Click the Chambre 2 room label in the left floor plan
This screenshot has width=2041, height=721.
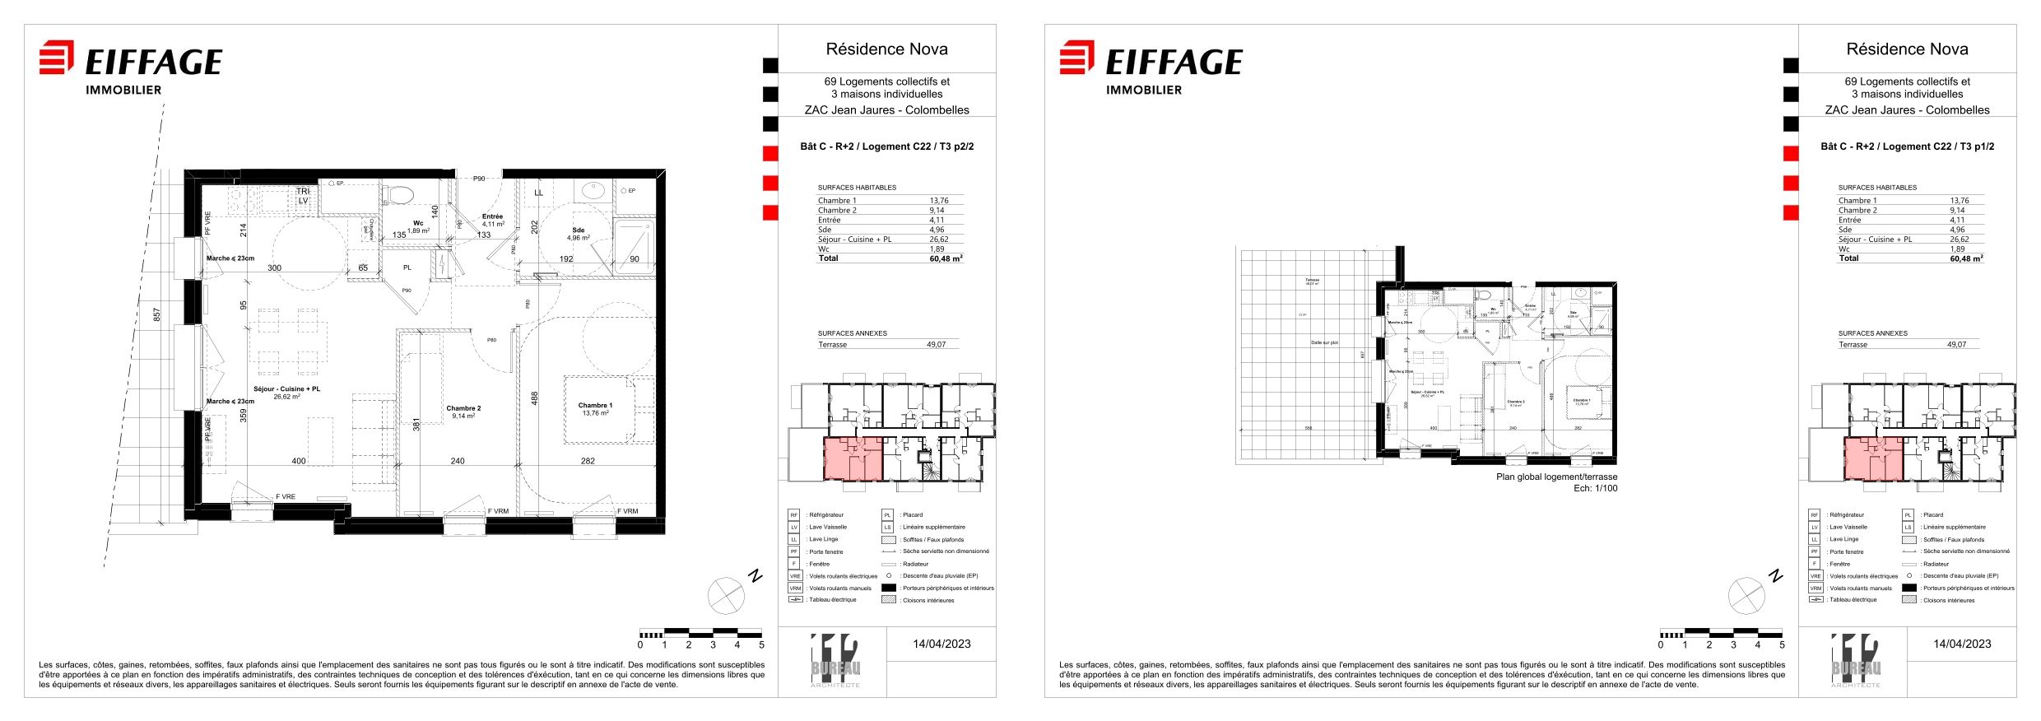463,409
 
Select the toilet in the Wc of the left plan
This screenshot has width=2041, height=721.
401,195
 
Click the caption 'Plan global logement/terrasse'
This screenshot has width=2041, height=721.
1556,477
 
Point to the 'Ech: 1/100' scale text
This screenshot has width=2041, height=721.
1595,488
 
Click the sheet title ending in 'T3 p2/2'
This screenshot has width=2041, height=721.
886,147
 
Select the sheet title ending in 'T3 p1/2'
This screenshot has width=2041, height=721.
1907,147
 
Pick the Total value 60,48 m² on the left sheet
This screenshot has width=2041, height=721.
946,258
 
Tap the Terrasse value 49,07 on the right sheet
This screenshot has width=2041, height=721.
1956,345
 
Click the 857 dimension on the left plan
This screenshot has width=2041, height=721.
157,314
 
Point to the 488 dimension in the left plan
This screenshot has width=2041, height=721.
534,398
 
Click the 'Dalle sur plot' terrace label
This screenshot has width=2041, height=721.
1324,342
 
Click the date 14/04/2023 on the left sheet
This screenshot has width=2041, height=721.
941,644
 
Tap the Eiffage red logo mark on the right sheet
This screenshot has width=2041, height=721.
1076,57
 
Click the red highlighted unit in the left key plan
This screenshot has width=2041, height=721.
853,458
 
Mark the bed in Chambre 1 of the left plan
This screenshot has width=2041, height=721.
608,409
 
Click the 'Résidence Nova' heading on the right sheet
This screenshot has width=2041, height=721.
1907,49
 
